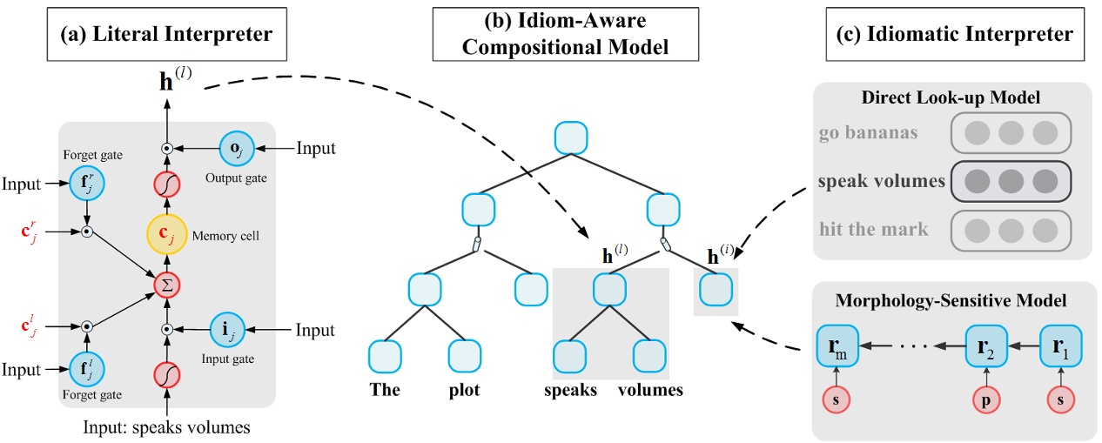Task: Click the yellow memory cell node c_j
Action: click(167, 234)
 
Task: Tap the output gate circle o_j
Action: click(236, 148)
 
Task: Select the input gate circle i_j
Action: click(227, 329)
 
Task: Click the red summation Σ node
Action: click(167, 285)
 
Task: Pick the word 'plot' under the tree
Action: click(464, 390)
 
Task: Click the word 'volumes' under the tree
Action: click(650, 390)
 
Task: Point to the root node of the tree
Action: click(571, 138)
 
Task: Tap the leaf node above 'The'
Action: click(385, 356)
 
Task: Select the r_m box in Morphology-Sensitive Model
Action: click(837, 346)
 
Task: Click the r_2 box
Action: click(986, 346)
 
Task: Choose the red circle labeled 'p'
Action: click(986, 400)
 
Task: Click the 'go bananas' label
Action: click(869, 133)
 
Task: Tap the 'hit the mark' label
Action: click(873, 229)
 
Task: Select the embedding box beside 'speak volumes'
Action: click(1011, 181)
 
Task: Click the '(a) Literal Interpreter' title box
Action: click(167, 34)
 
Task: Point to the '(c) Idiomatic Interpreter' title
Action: click(955, 34)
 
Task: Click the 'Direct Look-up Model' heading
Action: click(951, 97)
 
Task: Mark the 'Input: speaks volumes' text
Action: click(166, 426)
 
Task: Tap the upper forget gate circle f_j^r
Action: click(87, 183)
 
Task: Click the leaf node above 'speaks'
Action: click(569, 356)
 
